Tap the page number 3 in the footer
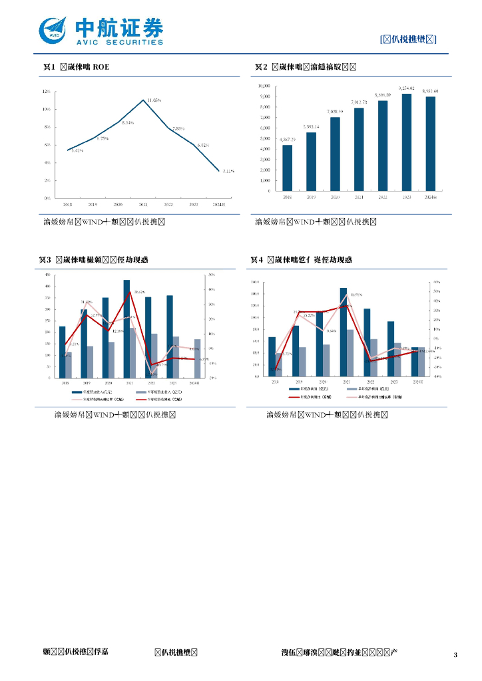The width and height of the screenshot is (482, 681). pyautogui.click(x=455, y=655)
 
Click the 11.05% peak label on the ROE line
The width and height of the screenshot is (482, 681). pyautogui.click(x=154, y=100)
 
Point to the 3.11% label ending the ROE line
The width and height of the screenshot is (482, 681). pyautogui.click(x=228, y=171)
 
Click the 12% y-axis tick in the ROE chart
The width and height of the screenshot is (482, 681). pyautogui.click(x=47, y=92)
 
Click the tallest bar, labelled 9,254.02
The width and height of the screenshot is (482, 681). pyautogui.click(x=406, y=142)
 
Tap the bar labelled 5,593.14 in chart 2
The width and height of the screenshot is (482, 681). pyautogui.click(x=311, y=162)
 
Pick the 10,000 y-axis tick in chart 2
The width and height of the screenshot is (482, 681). pyautogui.click(x=264, y=86)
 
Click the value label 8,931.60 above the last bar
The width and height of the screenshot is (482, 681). pyautogui.click(x=429, y=90)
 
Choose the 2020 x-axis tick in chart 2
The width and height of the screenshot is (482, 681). pyautogui.click(x=335, y=198)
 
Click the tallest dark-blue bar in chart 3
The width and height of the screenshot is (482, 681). pyautogui.click(x=126, y=329)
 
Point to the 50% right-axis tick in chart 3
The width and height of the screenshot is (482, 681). pyautogui.click(x=212, y=274)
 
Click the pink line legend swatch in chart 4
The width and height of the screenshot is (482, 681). pyautogui.click(x=355, y=397)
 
